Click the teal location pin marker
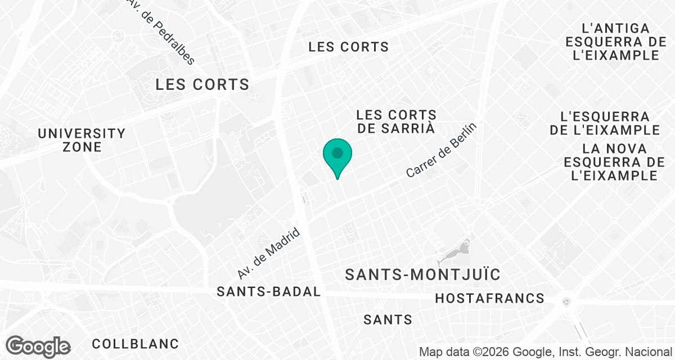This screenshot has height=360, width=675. tap(337, 155)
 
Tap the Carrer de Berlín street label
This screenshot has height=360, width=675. tap(441, 151)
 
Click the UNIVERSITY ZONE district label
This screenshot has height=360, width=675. tap(82, 140)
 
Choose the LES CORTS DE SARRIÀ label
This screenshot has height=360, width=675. tap(396, 121)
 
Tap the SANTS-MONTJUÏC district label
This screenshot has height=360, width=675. tap(422, 275)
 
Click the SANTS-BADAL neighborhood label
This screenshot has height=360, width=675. tap(269, 292)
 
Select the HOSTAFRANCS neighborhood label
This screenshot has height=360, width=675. tap(490, 298)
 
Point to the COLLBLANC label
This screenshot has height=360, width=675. tap(135, 343)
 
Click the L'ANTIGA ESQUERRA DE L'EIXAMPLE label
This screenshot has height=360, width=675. tap(612, 42)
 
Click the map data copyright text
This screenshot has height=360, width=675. tap(546, 352)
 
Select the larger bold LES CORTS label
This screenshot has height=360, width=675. tap(202, 85)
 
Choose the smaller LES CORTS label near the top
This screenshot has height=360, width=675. tap(349, 47)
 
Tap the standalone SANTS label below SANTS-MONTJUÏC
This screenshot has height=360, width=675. tap(388, 320)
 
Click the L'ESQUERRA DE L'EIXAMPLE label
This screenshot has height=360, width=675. tap(605, 123)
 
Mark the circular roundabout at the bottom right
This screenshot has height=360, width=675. tap(566, 301)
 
